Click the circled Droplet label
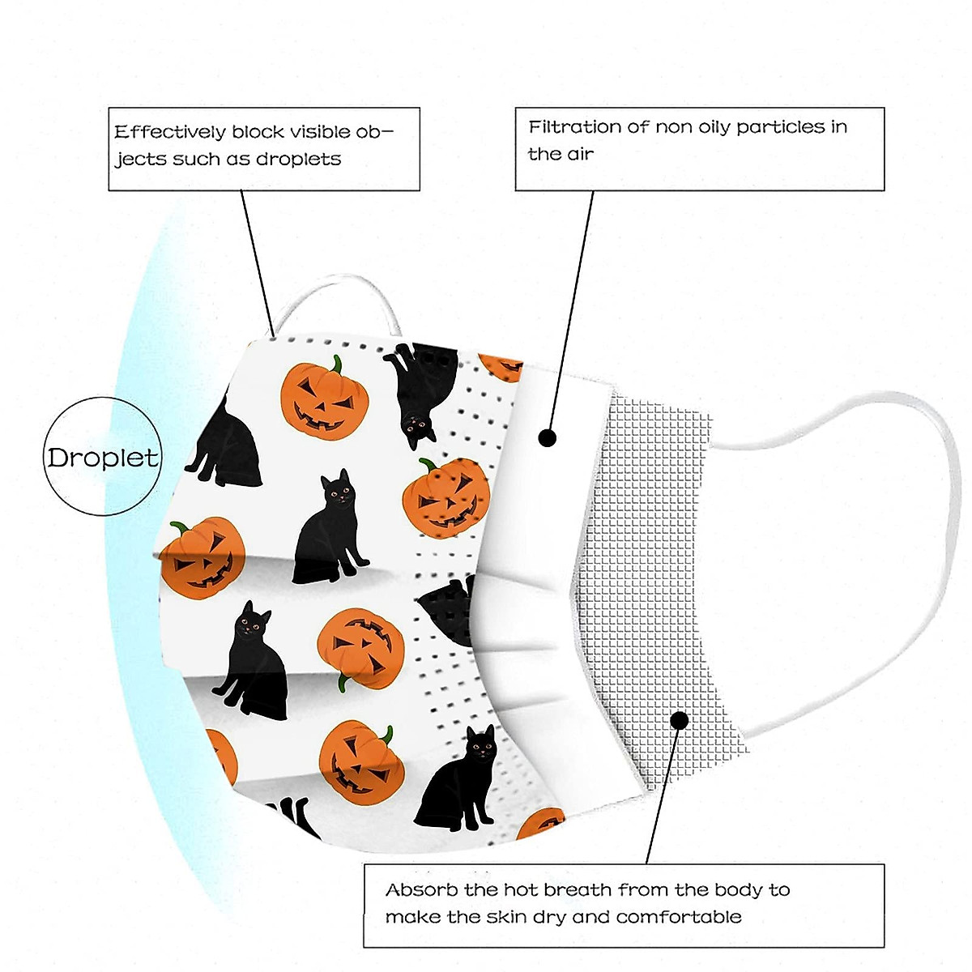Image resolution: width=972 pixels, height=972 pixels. pyautogui.click(x=102, y=458)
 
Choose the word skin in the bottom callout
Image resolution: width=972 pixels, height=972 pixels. pyautogui.click(x=507, y=918)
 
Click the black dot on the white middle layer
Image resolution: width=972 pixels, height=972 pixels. pyautogui.click(x=548, y=438)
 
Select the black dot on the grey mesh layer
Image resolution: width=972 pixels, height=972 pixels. pyautogui.click(x=680, y=720)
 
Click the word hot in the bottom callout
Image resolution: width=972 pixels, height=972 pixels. pyautogui.click(x=520, y=890)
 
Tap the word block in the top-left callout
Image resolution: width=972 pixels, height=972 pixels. pyautogui.click(x=258, y=132)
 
